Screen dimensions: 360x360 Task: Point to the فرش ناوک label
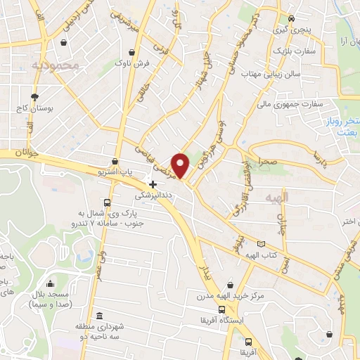click(x=132, y=64)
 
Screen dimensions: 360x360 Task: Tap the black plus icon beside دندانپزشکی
click(x=153, y=184)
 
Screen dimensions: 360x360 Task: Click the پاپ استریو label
click(x=117, y=171)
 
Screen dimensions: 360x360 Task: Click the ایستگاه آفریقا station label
click(x=221, y=321)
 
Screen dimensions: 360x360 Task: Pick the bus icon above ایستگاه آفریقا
click(x=221, y=309)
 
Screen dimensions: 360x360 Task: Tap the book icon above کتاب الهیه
click(x=262, y=243)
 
